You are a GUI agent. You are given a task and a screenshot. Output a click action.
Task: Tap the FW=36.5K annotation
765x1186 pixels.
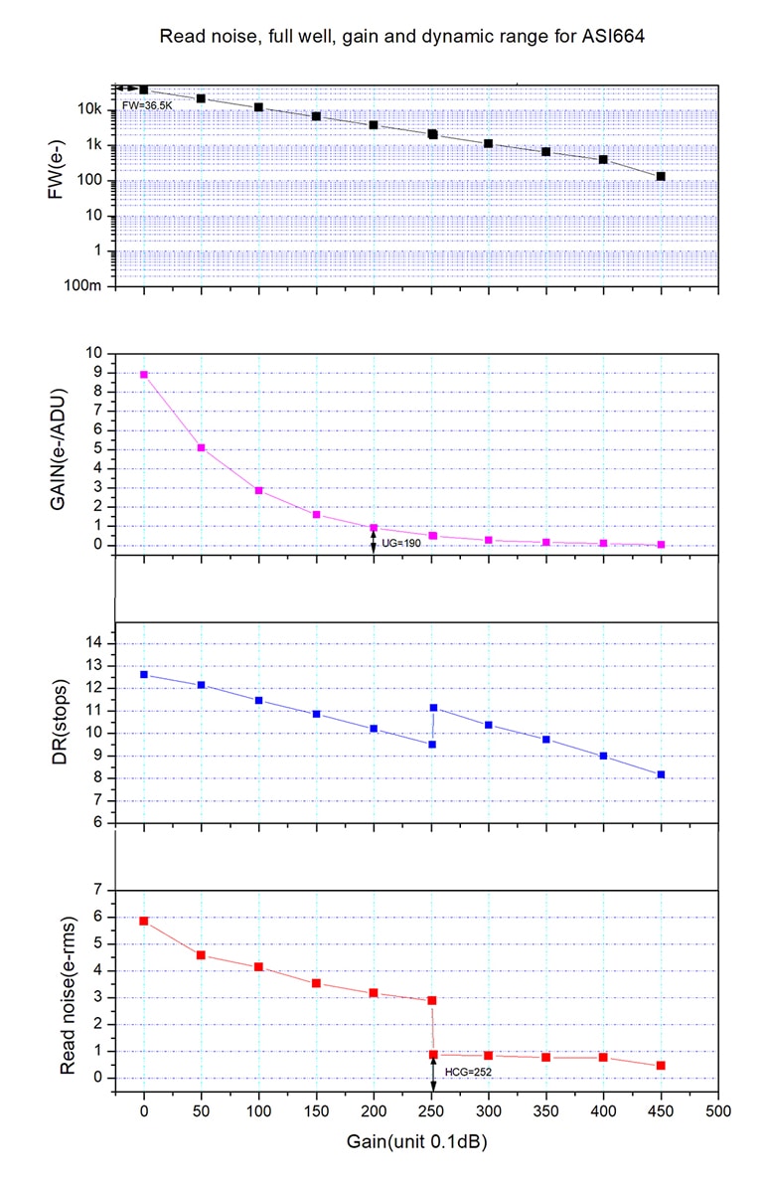[147, 104]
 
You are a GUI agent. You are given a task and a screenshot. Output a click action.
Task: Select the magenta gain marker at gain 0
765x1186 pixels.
[144, 375]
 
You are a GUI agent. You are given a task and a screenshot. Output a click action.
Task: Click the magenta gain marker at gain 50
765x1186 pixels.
[202, 448]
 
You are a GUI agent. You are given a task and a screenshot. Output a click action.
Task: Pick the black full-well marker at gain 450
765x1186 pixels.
[661, 177]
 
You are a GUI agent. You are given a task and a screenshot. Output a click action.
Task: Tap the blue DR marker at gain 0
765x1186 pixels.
[144, 675]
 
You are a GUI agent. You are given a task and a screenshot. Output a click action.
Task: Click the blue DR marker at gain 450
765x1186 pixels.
[661, 774]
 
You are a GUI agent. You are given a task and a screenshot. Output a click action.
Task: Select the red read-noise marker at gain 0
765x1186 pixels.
[144, 922]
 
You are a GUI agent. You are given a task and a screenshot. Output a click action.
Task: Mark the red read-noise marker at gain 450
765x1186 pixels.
[661, 1066]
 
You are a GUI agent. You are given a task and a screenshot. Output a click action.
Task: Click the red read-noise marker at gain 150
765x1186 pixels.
[316, 983]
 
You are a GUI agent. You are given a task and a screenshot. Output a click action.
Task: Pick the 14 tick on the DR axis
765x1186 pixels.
[95, 644]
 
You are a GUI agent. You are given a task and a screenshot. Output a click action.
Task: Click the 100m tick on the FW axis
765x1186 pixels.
[85, 286]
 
